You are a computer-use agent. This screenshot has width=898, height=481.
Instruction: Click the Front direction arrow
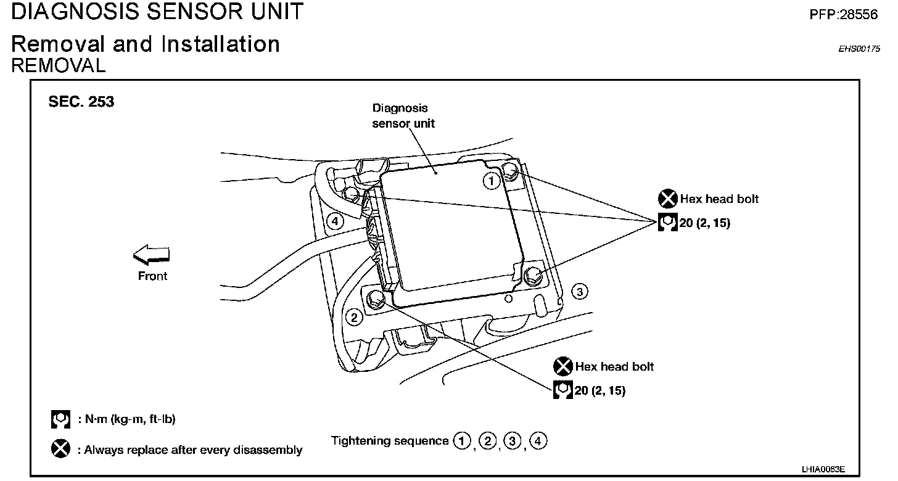pos(151,254)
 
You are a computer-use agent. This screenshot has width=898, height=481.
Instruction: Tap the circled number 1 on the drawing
pos(491,181)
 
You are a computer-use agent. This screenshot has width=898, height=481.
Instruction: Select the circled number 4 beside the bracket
pos(334,221)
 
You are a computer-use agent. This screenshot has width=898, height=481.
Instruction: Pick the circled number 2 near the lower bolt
pos(354,318)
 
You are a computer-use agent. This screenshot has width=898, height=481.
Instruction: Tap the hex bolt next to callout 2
pos(374,299)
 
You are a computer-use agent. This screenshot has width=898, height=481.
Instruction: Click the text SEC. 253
pos(81,102)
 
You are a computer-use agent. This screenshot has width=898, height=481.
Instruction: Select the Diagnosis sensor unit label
pos(403,115)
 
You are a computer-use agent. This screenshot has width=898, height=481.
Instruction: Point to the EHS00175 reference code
pos(859,49)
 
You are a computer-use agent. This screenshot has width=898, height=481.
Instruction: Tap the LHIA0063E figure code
pos(823,469)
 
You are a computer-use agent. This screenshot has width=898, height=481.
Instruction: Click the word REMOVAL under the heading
pos(59,65)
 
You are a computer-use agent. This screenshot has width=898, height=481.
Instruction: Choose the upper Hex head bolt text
pos(719,199)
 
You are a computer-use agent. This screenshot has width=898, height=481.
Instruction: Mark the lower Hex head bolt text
pos(614,366)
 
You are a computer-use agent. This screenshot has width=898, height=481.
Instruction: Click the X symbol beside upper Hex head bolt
pos(667,199)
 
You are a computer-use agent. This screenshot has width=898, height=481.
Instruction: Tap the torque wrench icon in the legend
pos(60,420)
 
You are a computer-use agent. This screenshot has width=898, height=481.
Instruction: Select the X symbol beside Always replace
pos(60,449)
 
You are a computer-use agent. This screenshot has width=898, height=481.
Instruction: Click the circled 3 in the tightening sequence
pos(511,441)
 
